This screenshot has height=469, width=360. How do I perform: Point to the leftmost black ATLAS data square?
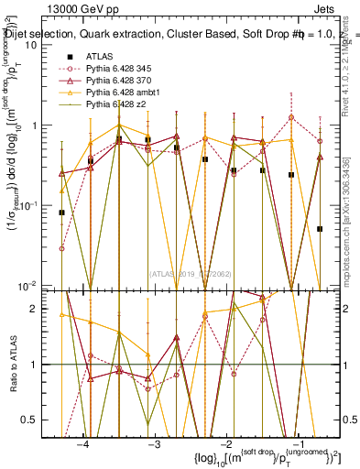[x=61, y=213]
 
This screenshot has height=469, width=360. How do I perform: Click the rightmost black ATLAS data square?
[x=320, y=229]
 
